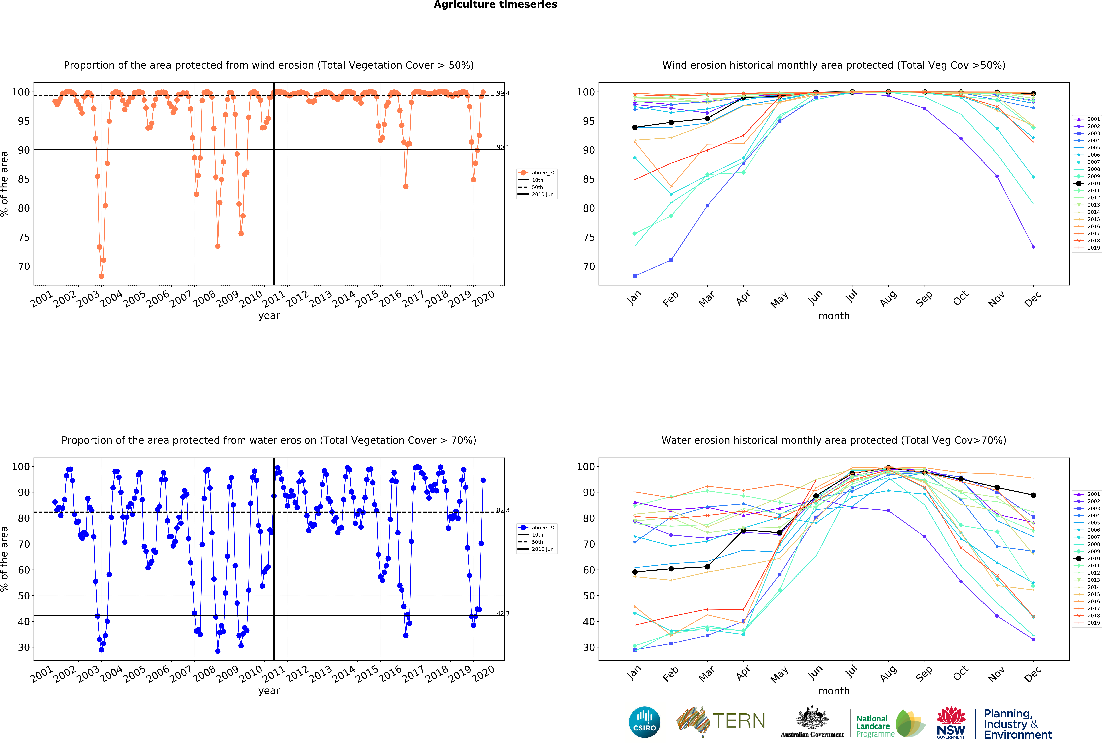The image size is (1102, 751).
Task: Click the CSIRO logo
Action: tap(644, 722)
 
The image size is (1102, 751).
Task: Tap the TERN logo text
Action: tap(739, 721)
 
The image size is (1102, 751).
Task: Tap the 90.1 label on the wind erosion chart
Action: tap(503, 147)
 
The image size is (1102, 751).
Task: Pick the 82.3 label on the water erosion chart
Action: tap(503, 510)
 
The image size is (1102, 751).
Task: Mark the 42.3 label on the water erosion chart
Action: tap(503, 614)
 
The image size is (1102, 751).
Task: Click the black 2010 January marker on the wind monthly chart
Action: tap(635, 128)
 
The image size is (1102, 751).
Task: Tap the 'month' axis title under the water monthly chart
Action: tap(834, 691)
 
